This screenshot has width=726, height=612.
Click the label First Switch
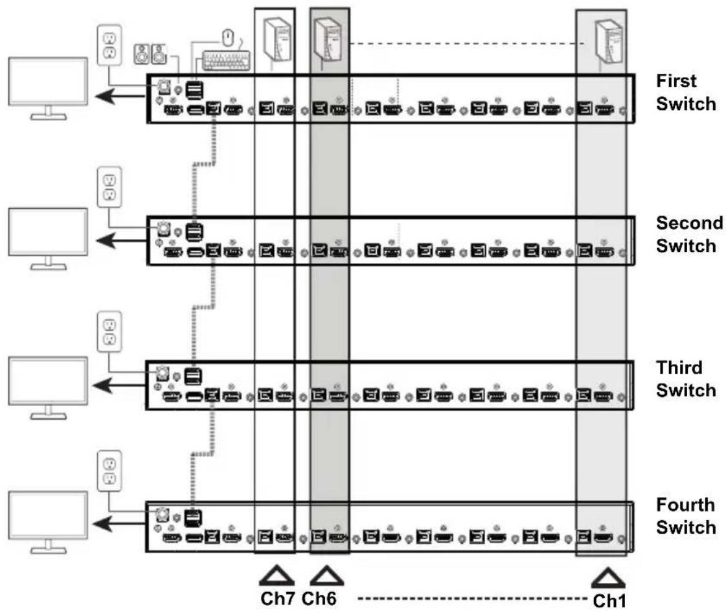[686, 93]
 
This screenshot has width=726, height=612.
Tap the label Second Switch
[690, 234]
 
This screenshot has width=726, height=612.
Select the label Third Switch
[686, 379]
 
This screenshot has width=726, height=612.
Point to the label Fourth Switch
[686, 516]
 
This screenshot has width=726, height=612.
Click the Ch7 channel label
[277, 598]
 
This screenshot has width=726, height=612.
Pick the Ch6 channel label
[319, 598]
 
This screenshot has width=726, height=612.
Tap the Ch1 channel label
[609, 601]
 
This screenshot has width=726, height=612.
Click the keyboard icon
[227, 61]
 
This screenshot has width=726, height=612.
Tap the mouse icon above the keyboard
[227, 38]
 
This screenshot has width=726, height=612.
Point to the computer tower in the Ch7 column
[277, 40]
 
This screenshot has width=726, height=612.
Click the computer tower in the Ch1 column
[609, 41]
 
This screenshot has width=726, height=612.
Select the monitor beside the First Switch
[48, 89]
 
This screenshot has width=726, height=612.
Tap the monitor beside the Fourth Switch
[48, 522]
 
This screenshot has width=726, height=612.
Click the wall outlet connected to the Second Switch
[109, 187]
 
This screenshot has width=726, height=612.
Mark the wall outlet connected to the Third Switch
[109, 332]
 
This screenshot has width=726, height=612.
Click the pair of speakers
[150, 54]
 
